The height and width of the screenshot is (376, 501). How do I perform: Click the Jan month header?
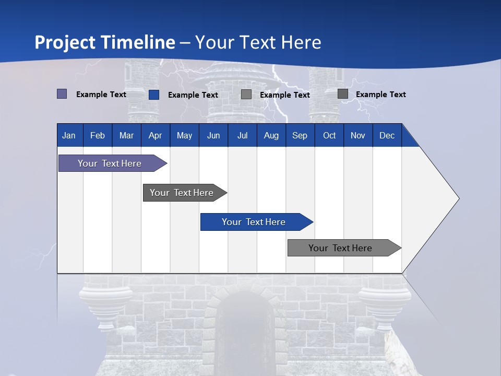click(x=69, y=135)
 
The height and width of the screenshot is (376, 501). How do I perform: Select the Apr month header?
click(x=155, y=135)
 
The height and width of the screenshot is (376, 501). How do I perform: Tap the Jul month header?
click(x=242, y=135)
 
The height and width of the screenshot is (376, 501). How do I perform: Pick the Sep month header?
click(x=300, y=135)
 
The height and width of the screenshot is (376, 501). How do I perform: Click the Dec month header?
click(x=387, y=135)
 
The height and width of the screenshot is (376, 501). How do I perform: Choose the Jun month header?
click(x=213, y=135)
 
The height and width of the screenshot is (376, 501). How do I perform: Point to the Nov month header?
click(x=357, y=135)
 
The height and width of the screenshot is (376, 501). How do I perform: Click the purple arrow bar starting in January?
click(x=110, y=163)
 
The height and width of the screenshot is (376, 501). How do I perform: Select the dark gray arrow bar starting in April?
click(x=182, y=193)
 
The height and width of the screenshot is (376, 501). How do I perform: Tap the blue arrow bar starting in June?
click(x=254, y=222)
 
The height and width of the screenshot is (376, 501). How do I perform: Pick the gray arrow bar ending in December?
click(x=340, y=248)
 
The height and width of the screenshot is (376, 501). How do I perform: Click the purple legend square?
click(x=62, y=94)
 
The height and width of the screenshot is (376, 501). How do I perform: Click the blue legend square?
click(x=154, y=95)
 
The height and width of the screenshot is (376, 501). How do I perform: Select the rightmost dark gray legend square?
click(x=343, y=94)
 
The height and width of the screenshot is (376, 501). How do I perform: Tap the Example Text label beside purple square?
click(x=101, y=95)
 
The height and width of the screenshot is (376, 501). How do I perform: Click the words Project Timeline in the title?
click(x=104, y=42)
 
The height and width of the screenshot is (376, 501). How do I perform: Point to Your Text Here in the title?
click(x=258, y=42)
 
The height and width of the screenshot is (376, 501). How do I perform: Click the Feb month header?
click(x=97, y=135)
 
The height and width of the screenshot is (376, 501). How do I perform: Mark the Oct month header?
click(x=329, y=135)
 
